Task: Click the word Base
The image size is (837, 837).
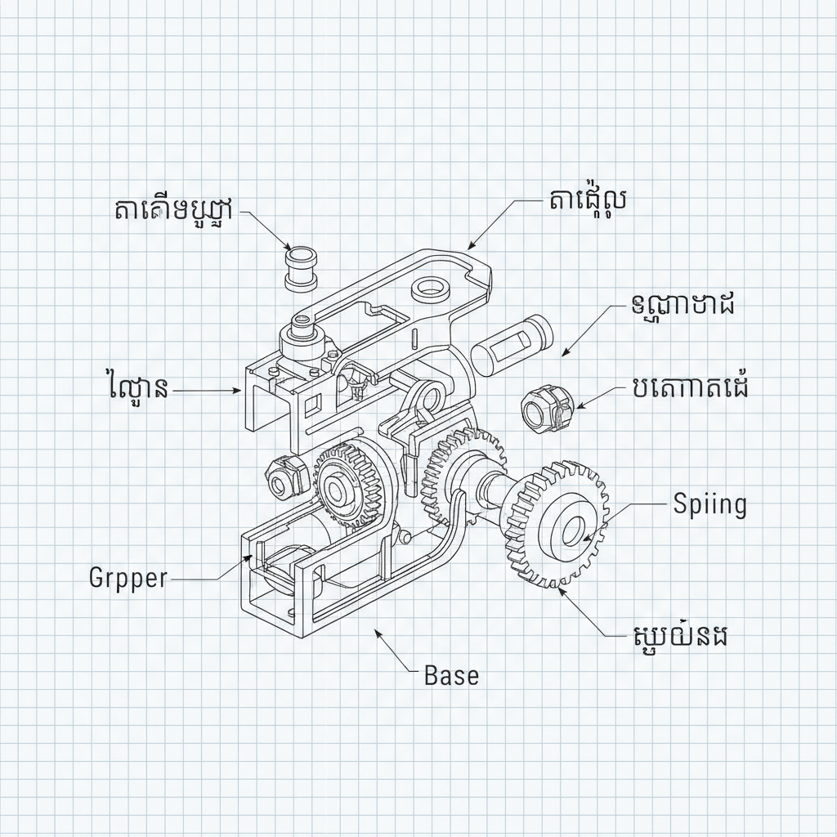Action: [452, 675]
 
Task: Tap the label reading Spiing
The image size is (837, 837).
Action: [709, 504]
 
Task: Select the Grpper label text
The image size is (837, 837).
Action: [128, 578]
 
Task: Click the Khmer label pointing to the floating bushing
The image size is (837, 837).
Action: [172, 210]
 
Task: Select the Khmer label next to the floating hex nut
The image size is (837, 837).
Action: [689, 387]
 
